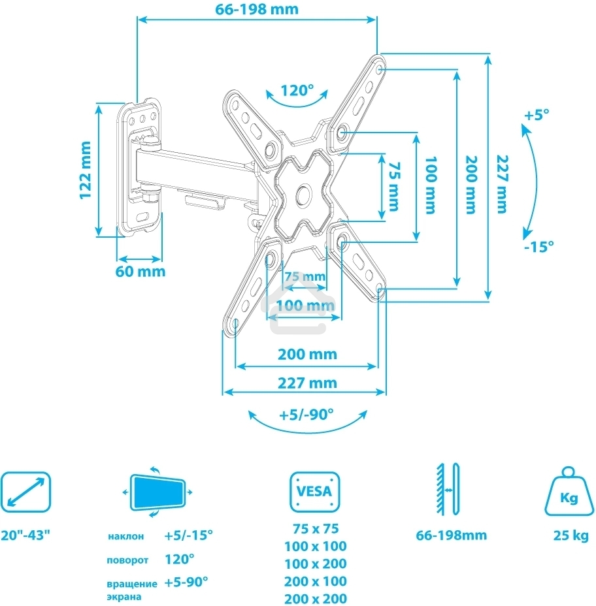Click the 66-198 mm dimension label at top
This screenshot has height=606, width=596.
(x=257, y=9)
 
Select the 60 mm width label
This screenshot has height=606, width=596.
(x=140, y=271)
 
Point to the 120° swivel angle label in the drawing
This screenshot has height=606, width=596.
(x=297, y=90)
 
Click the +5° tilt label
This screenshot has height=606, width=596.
(x=537, y=115)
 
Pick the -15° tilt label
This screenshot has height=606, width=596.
(x=538, y=247)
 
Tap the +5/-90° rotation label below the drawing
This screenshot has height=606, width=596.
(x=306, y=415)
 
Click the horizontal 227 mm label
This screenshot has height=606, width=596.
(x=306, y=383)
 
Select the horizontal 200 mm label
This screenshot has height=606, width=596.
(x=306, y=354)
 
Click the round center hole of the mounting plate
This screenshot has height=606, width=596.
(x=304, y=194)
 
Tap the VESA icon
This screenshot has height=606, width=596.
(x=315, y=491)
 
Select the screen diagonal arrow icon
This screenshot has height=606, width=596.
(x=25, y=491)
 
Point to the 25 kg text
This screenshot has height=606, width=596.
(x=567, y=535)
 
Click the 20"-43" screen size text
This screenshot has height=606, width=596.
(x=25, y=535)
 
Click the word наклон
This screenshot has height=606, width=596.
(x=125, y=536)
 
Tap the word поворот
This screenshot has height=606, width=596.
(x=127, y=560)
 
